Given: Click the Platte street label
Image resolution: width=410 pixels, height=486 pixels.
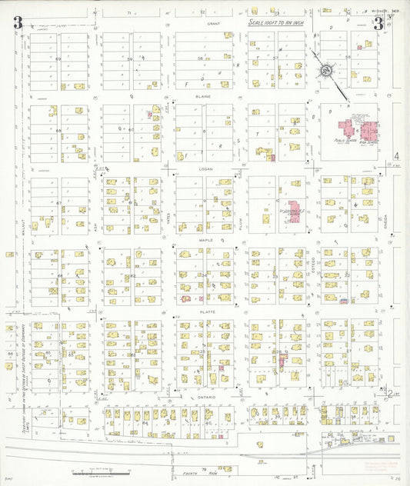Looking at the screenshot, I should pos(206,311).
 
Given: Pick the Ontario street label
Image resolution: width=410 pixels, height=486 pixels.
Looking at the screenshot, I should pos(206,397).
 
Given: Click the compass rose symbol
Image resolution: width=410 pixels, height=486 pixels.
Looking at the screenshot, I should pos(327,72).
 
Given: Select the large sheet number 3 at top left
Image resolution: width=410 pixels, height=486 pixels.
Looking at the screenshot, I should pos(17,23).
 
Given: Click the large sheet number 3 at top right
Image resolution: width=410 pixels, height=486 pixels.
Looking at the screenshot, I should pos(378,23).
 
